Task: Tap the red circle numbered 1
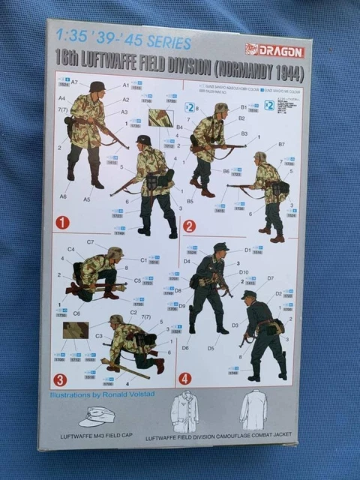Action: pos(62,223)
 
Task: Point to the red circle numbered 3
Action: pos(60,379)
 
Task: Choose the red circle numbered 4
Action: pos(185,378)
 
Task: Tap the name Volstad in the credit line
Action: pos(139,395)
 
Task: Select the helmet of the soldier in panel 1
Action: pos(97,87)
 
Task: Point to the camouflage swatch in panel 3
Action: pos(76,330)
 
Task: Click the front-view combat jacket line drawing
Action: pos(184,412)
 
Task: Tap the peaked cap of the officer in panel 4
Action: pos(220,247)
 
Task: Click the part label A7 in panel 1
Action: pos(75,82)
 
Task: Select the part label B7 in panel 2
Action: pos(281,144)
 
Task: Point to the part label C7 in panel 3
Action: pos(90,242)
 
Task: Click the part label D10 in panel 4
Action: pos(243,272)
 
